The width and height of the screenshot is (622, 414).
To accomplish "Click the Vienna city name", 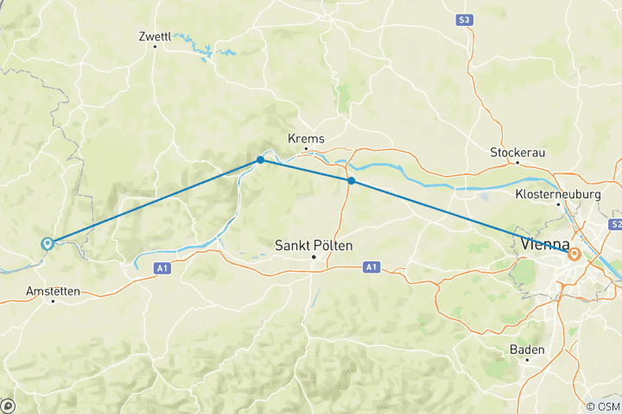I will pyautogui.click(x=546, y=244).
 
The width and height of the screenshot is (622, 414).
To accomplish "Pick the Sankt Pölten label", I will pyautogui.click(x=314, y=246).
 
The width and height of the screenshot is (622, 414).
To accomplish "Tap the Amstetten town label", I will pyautogui.click(x=54, y=292).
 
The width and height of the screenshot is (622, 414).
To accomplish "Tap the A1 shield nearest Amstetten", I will pyautogui.click(x=163, y=268).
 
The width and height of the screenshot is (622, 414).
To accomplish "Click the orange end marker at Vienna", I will pyautogui.click(x=574, y=254).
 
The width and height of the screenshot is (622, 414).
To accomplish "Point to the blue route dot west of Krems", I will pyautogui.click(x=260, y=160).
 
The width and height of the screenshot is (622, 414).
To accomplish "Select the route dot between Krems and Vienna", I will pyautogui.click(x=351, y=180).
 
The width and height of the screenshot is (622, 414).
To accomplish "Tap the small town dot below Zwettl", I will pyautogui.click(x=155, y=47).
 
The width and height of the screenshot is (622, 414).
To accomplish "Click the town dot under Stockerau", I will pyautogui.click(x=517, y=162).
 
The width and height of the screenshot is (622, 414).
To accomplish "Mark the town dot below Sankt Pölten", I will pyautogui.click(x=314, y=257).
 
